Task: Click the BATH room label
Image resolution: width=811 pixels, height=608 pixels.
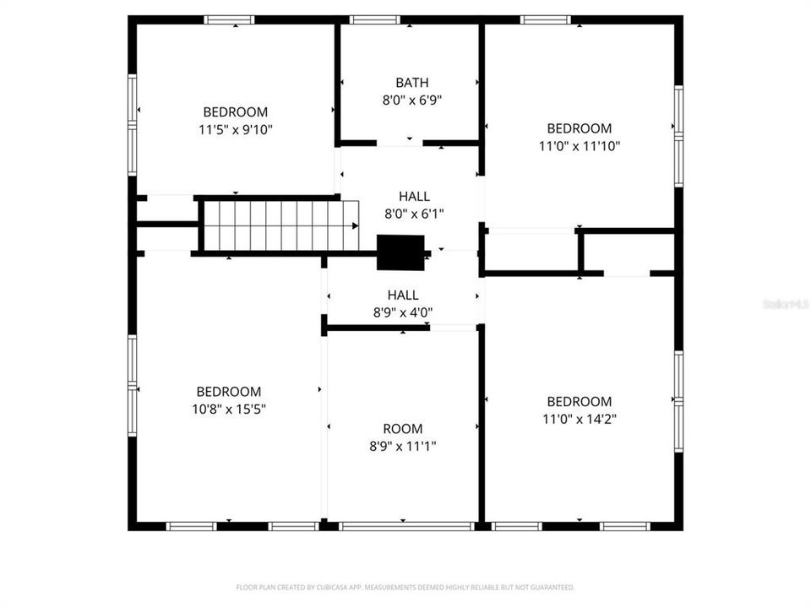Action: pos(411,83)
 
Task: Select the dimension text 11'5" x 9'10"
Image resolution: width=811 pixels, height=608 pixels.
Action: pos(235,129)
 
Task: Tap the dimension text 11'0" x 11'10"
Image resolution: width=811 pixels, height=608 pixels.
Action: pos(579,146)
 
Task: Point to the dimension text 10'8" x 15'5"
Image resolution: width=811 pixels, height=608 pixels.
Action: pos(228,409)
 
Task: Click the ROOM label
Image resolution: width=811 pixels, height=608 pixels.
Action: pos(402,429)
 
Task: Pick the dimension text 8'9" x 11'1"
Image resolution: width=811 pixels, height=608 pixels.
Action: pos(402,446)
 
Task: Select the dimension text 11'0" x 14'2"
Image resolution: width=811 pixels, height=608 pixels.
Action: pos(579,419)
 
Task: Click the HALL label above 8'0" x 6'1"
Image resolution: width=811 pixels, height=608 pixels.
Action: pos(414,197)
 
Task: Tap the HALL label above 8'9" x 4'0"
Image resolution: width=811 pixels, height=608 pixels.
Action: pos(403,295)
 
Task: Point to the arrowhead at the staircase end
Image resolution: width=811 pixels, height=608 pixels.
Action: pos(355,225)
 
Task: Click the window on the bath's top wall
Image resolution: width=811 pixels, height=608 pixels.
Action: pos(374,19)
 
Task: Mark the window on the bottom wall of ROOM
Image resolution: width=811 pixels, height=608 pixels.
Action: pos(405,526)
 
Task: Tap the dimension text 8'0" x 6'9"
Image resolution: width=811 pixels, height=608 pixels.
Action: pos(411,100)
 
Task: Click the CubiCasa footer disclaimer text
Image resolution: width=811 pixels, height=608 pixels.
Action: pos(405,587)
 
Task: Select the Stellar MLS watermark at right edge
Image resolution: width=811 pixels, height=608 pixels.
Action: pos(785,303)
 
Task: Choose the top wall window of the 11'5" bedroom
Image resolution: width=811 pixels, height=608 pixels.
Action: pos(229,19)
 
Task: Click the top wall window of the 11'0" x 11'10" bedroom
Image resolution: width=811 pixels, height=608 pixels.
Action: pos(545,19)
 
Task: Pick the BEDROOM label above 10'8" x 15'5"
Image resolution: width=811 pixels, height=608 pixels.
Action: pos(228,392)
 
